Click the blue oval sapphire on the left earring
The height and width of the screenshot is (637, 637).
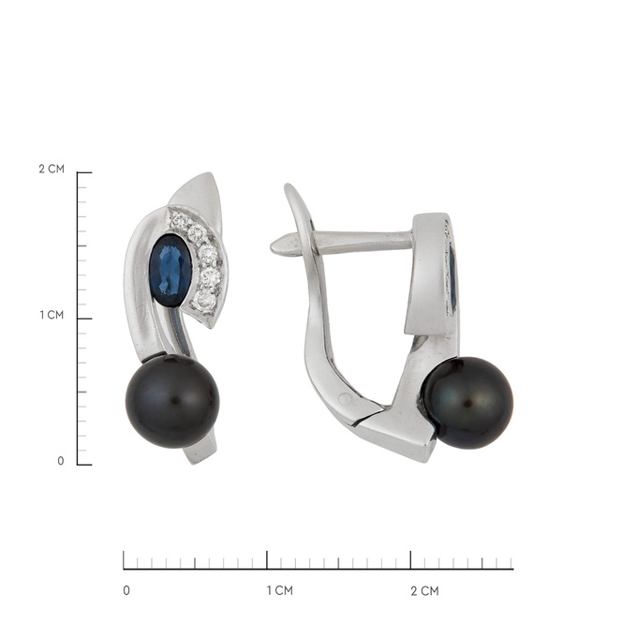pyautogui.click(x=170, y=270)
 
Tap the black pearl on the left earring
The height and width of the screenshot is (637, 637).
pyautogui.click(x=172, y=401)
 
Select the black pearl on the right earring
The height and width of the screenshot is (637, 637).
pyautogui.click(x=467, y=403)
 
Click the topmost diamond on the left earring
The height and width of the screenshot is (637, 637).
pyautogui.click(x=178, y=221)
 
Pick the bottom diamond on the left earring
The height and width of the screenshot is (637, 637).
pyautogui.click(x=203, y=301)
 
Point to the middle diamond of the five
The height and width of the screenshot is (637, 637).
pyautogui.click(x=208, y=254)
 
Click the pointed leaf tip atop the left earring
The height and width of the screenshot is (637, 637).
pyautogui.click(x=212, y=174)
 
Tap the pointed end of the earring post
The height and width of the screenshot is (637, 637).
pyautogui.click(x=273, y=247)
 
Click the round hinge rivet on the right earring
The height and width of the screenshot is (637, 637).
pyautogui.click(x=346, y=399)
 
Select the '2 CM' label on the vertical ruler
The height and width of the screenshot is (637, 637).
pyautogui.click(x=52, y=169)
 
